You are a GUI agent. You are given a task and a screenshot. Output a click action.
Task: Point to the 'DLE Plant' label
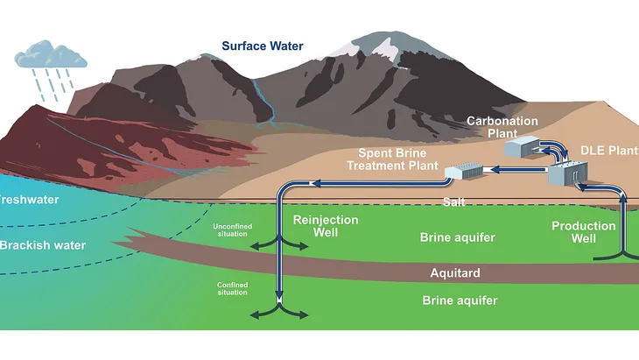click(609, 151)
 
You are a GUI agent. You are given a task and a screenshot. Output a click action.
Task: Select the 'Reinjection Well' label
click(326, 226)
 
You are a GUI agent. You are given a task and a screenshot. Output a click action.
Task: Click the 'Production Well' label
click(583, 232)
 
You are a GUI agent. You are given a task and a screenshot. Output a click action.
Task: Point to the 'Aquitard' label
click(455, 272)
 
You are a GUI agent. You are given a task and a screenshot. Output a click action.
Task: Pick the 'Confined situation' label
click(232, 288)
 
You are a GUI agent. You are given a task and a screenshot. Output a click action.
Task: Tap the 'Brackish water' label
click(43, 245)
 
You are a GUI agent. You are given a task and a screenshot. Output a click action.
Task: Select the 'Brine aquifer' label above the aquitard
click(459, 236)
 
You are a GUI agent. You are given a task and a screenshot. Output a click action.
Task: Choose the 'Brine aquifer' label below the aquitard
click(460, 300)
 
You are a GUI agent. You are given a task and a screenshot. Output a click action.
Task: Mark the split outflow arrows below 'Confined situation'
click(278, 313)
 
